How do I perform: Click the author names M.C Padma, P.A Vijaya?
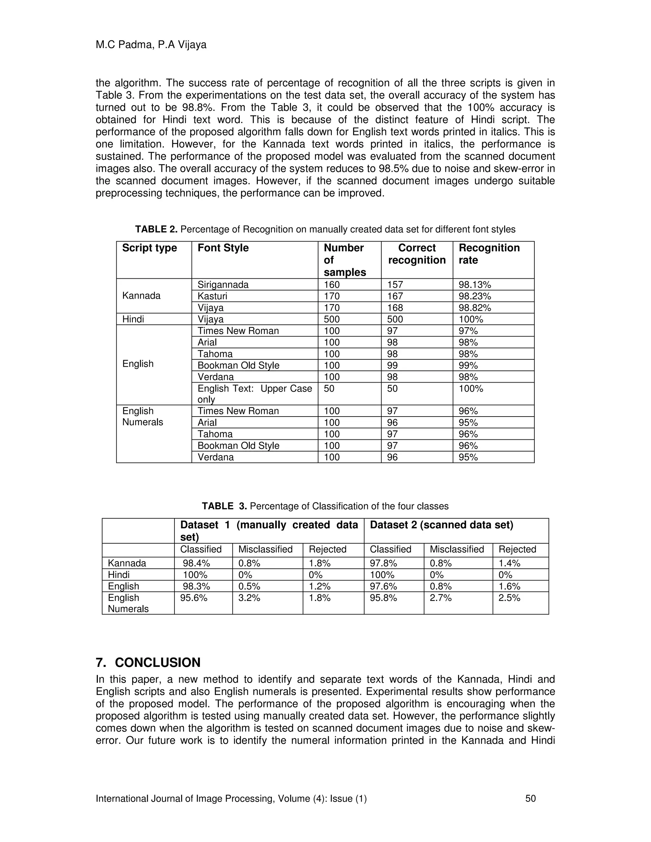pos(151,45)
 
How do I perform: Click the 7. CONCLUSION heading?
pos(148,662)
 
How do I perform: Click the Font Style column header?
pos(223,248)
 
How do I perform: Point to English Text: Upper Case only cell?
pos(254,394)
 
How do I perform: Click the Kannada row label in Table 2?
pos(141,296)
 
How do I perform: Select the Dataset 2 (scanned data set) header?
pos(441,525)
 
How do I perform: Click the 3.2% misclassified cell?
pos(249,598)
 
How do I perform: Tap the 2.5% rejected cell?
pos(509,598)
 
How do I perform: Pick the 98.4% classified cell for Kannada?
pos(196,563)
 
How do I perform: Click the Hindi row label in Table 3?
pos(119,575)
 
